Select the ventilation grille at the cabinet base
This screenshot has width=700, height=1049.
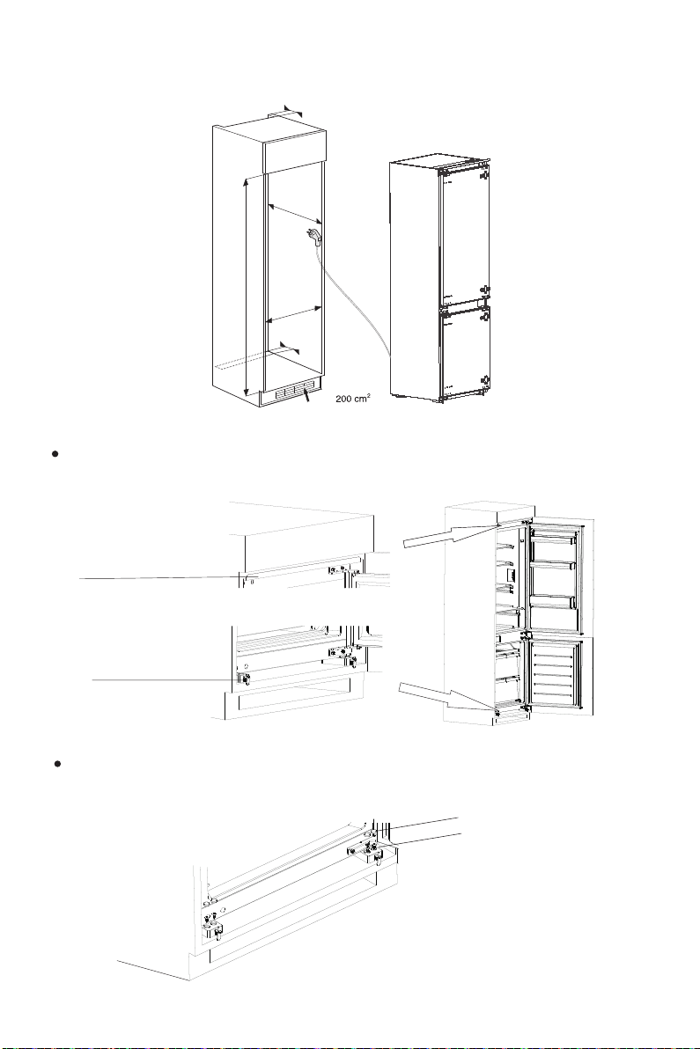point(293,394)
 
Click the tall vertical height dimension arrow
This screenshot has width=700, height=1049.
point(246,286)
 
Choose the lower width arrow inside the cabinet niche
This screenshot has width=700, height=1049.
point(293,314)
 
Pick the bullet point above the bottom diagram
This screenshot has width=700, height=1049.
point(56,764)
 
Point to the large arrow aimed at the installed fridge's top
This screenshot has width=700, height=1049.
point(445,536)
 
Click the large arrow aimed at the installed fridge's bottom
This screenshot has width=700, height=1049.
point(440,692)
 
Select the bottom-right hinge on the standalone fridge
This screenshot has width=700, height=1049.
point(483,381)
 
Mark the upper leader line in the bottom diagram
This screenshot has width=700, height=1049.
point(423,822)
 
